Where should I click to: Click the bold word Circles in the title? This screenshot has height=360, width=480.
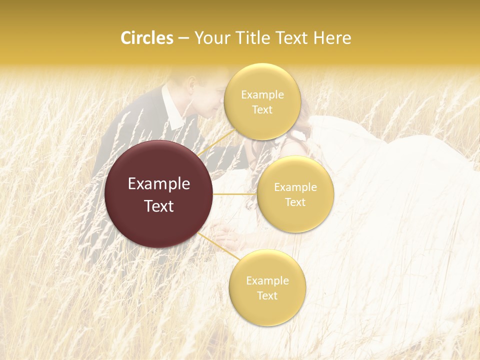[147, 38]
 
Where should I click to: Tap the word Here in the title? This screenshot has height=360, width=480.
[332, 38]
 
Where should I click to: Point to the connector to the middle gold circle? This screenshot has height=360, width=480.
[234, 194]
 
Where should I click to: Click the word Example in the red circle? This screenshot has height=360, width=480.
[159, 184]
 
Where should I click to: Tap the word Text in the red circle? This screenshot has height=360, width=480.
[159, 206]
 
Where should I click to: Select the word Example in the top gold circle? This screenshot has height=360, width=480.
[262, 95]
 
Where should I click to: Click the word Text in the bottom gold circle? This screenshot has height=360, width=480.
[267, 296]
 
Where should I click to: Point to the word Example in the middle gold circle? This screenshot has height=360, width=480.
[295, 187]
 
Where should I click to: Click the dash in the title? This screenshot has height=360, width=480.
[183, 38]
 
